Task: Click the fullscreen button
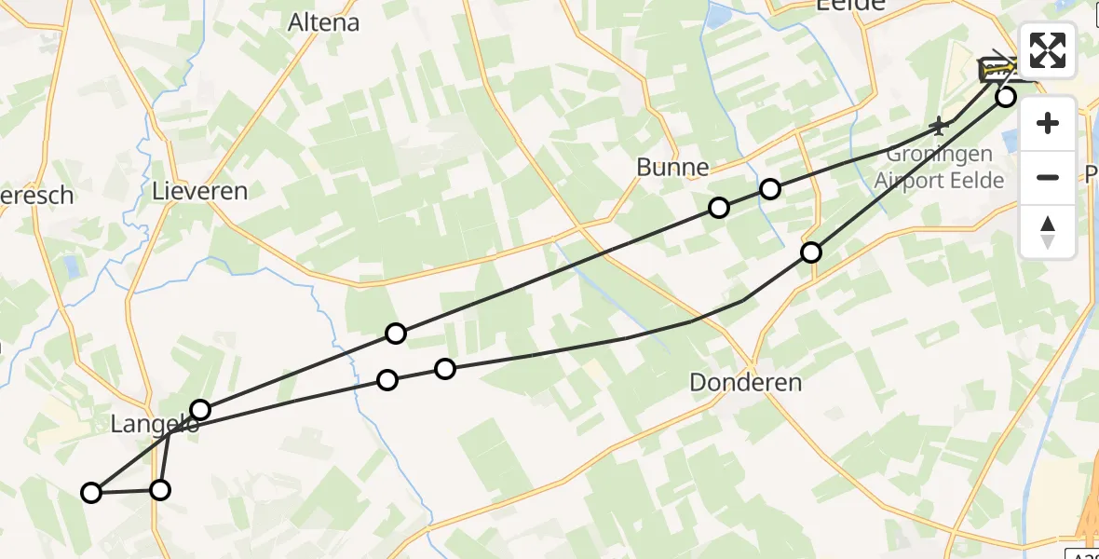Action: click(1048, 50)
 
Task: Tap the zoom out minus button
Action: click(1048, 177)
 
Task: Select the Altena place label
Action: click(324, 22)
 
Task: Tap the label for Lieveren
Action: click(200, 192)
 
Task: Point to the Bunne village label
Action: click(672, 168)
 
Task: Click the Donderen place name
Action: click(746, 382)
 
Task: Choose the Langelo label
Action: click(155, 425)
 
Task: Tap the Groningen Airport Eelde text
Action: click(945, 168)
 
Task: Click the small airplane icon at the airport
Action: click(940, 124)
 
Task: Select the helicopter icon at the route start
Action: click(997, 68)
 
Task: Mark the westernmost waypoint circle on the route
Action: click(91, 493)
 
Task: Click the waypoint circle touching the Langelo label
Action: click(200, 410)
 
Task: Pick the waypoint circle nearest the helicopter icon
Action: click(1006, 96)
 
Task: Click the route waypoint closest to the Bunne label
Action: click(719, 208)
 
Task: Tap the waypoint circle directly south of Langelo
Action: click(160, 490)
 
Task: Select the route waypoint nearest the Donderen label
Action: click(811, 252)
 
